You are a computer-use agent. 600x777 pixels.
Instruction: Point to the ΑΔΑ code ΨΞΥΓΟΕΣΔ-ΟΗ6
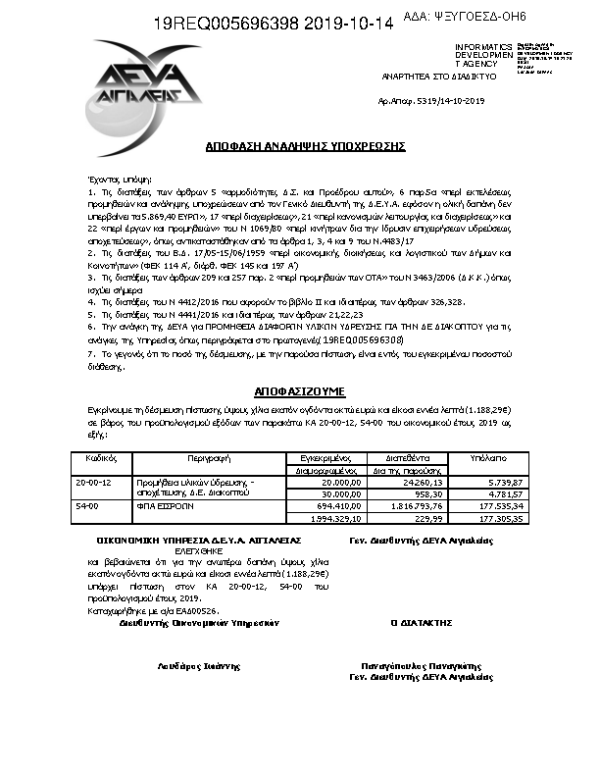(x=479, y=17)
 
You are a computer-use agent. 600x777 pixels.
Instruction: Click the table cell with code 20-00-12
(x=94, y=483)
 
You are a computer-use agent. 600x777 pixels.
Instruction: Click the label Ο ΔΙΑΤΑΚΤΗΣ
(x=422, y=622)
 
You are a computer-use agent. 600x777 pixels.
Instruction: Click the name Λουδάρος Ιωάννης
(x=199, y=666)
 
